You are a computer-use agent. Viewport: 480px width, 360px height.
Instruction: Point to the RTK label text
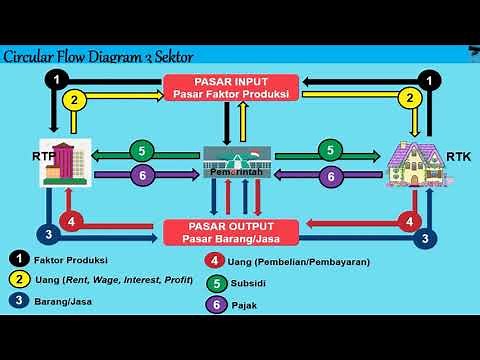coord(458,156)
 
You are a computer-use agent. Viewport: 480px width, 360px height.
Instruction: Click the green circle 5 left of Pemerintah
coord(142,152)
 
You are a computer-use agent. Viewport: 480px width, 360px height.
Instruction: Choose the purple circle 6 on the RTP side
coord(142,175)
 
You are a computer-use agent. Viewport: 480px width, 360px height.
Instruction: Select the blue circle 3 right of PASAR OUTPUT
coord(425,238)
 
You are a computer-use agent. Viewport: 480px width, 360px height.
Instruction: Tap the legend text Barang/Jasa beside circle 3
coord(58,301)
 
